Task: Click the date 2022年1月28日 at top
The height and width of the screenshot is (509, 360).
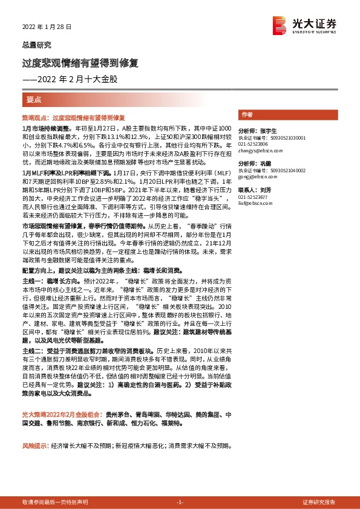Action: [x=47, y=27]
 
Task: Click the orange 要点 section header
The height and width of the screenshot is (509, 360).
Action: [x=34, y=98]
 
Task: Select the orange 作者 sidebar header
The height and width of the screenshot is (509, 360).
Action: [x=247, y=114]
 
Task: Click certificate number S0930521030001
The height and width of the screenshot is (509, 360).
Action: [x=289, y=138]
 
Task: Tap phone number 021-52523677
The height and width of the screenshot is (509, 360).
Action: [x=253, y=198]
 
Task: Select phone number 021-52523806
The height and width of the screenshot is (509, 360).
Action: [x=253, y=144]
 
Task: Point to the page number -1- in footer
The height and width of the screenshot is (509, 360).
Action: [x=180, y=502]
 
